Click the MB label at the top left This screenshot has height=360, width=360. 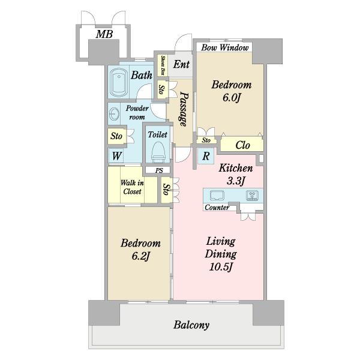click(x=104, y=35)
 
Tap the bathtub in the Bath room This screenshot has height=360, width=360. click(x=119, y=83)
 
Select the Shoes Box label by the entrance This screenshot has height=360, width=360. click(x=162, y=65)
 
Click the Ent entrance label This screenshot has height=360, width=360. click(x=181, y=65)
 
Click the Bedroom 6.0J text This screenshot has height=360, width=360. click(x=231, y=91)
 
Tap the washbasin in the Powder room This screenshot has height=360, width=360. click(x=115, y=113)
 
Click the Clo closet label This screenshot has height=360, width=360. click(x=242, y=145)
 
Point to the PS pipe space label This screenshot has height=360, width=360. click(x=159, y=171)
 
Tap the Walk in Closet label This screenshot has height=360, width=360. click(x=131, y=187)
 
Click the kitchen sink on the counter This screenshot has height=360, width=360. click(x=217, y=196)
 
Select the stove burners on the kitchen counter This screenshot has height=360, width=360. click(x=253, y=196)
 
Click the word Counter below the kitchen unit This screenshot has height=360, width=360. click(x=217, y=208)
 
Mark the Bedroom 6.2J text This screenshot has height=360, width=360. click(x=140, y=250)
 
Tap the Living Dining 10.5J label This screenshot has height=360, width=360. click(x=221, y=254)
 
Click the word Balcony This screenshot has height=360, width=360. click(x=191, y=325)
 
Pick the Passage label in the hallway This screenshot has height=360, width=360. click(x=185, y=109)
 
